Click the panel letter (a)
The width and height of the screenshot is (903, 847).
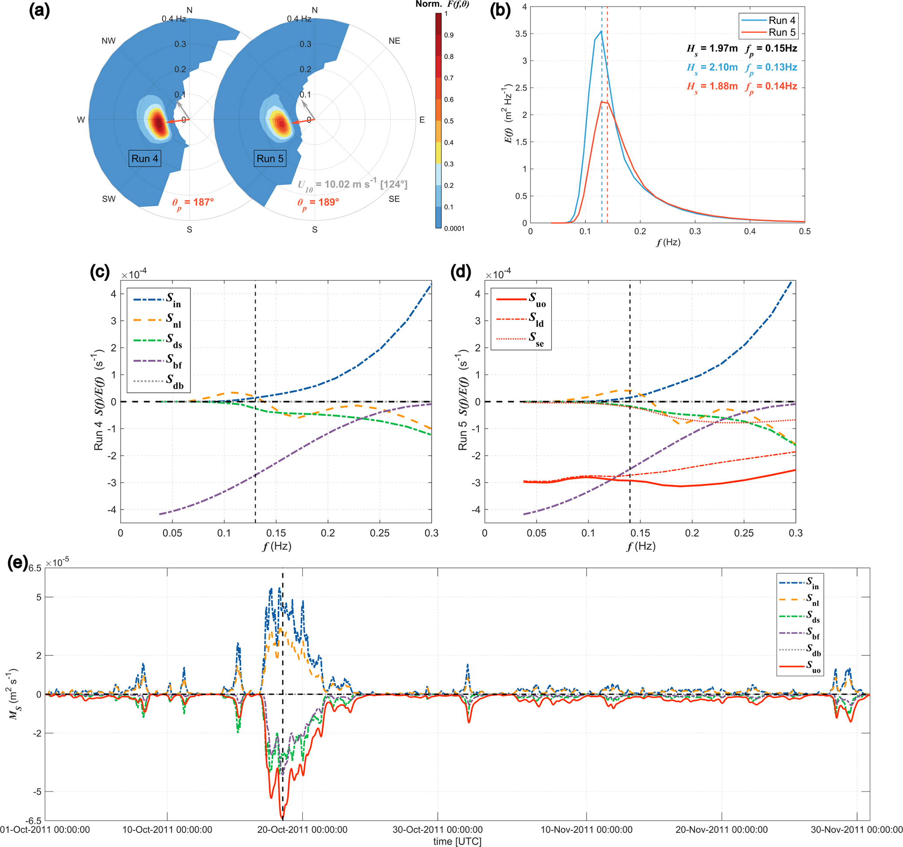(39, 10)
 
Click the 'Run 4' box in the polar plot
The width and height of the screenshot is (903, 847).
(145, 159)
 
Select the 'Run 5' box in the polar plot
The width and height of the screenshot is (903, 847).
(270, 159)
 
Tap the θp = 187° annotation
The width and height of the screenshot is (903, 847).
(193, 203)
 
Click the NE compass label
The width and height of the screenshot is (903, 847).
(394, 41)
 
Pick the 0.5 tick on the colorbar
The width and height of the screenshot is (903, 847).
(449, 121)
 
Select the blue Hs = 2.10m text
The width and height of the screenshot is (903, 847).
(712, 68)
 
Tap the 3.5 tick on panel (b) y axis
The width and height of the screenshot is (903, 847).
(521, 34)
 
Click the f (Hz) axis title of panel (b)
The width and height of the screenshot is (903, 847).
(668, 242)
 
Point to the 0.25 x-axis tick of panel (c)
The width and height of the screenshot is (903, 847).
(379, 533)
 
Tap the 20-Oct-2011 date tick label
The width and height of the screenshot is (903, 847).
(302, 830)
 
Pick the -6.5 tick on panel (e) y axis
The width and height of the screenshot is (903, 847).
(33, 821)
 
